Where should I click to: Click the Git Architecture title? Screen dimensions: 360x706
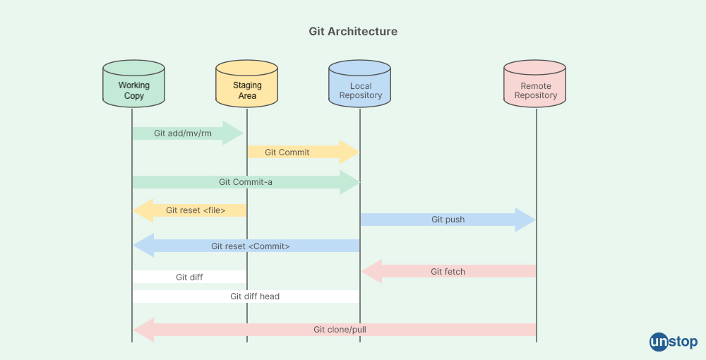(x=353, y=32)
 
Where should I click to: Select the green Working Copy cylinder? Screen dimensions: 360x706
(x=133, y=85)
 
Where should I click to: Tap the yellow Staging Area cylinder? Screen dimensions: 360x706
(x=246, y=85)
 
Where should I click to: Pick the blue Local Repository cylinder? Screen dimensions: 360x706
(x=360, y=85)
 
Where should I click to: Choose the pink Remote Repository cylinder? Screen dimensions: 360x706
(x=535, y=85)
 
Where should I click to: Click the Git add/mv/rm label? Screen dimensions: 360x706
(x=183, y=133)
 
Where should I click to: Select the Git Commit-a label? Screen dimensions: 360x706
(x=245, y=182)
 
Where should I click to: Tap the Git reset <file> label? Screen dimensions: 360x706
(x=196, y=210)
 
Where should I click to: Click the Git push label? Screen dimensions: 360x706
(x=448, y=220)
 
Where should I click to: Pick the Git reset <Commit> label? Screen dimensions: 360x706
(x=250, y=246)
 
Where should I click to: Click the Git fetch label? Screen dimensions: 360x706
(x=448, y=271)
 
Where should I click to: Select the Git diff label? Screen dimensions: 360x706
(x=189, y=277)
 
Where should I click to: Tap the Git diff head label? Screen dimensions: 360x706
(x=254, y=296)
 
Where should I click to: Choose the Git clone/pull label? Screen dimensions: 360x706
(x=340, y=330)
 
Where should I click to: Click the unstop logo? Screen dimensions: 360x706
(x=674, y=342)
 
